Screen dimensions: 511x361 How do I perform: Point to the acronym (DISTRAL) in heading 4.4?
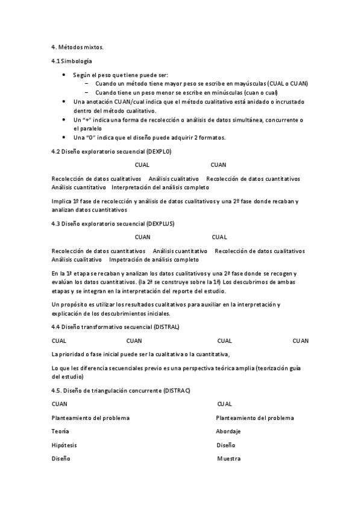(x=166, y=327)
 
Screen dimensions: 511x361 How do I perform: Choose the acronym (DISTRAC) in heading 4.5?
(x=177, y=390)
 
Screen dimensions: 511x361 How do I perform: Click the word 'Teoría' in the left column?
(x=60, y=431)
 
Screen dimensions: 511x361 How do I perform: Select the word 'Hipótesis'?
(x=64, y=445)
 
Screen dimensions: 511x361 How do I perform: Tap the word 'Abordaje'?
(x=228, y=431)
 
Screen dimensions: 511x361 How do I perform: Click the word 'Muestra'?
(x=229, y=459)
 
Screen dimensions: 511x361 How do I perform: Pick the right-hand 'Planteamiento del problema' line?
(x=255, y=418)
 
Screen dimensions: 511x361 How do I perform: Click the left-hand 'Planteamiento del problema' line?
(x=90, y=418)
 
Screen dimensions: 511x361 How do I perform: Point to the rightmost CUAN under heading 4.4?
(x=301, y=340)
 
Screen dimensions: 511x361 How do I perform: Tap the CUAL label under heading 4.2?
(x=143, y=165)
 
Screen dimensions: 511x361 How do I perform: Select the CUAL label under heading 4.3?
(x=219, y=237)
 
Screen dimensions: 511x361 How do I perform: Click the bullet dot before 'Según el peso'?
(x=64, y=75)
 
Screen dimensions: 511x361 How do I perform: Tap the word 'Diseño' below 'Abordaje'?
(x=226, y=445)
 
